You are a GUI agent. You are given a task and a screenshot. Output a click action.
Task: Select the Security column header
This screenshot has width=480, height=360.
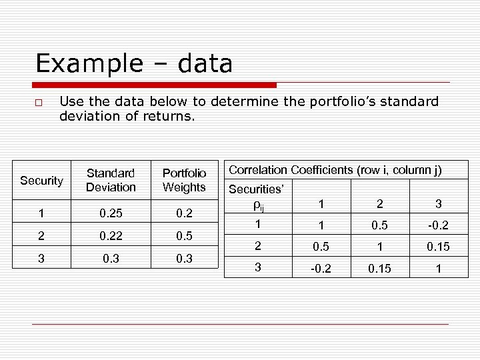pos(41,181)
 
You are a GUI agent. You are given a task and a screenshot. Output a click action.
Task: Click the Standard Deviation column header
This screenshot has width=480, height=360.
pos(111,181)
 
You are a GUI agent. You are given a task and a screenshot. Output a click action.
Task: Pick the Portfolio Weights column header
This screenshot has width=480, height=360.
pos(184,181)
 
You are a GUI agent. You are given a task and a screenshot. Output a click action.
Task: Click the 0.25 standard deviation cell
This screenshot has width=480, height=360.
pos(111,214)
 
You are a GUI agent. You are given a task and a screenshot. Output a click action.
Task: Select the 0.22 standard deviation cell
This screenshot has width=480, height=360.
pos(111,237)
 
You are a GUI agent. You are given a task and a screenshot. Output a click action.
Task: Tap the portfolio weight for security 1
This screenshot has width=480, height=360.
pos(184,214)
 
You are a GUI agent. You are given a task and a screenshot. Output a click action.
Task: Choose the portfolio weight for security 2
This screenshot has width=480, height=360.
pos(184,237)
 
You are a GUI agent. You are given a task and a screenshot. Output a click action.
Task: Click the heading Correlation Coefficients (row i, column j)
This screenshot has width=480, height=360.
pos(335,170)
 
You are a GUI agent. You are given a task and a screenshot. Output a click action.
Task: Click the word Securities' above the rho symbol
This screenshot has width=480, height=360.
pos(257,189)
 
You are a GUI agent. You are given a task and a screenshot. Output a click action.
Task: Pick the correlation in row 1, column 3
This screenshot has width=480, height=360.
pos(438,225)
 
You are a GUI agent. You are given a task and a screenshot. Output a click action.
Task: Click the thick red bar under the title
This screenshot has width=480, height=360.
pos(155,85)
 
